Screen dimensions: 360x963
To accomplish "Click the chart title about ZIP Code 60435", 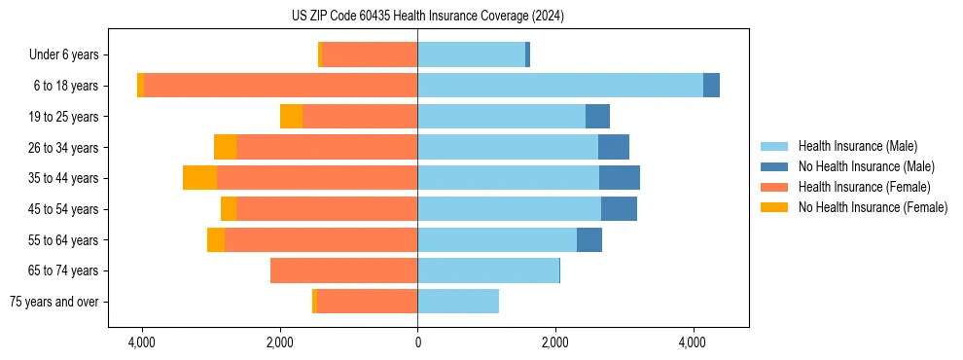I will coord(427,16).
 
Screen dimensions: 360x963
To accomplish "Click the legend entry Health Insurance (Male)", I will coord(857,146).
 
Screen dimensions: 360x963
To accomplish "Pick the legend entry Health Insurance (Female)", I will coord(864,187).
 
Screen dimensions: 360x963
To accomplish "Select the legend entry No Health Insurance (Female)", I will coord(873,207).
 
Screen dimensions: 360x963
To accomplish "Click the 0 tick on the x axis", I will coord(417,342).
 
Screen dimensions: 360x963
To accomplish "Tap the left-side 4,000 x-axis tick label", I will coord(142,342).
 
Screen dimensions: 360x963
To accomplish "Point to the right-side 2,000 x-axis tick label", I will coord(555,342).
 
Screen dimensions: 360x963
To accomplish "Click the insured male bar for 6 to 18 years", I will coord(560,86).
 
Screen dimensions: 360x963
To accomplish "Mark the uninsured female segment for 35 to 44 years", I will coord(199,178).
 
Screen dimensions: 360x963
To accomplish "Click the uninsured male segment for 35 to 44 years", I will coord(620,178).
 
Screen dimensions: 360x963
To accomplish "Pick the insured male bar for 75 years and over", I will coord(458,302).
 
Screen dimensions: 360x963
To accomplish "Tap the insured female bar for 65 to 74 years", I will coord(343,270).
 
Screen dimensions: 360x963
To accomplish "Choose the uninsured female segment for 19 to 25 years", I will coord(291,117).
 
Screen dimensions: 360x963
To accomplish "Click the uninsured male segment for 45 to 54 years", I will coord(619,209).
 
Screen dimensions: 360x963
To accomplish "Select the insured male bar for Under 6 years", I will coord(471,55).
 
